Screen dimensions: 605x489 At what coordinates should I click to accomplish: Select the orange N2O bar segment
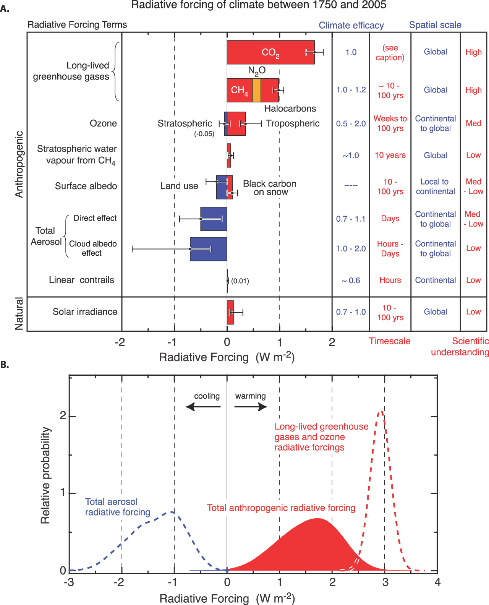pyautogui.click(x=256, y=90)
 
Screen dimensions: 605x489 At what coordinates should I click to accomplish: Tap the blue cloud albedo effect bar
pyautogui.click(x=208, y=249)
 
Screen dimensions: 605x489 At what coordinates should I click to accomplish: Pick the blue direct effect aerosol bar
pyautogui.click(x=214, y=219)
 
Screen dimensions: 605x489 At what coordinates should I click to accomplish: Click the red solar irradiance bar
pyautogui.click(x=230, y=312)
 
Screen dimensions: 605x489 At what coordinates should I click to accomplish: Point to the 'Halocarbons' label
pyautogui.click(x=290, y=109)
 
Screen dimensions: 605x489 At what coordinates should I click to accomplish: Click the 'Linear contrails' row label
pyautogui.click(x=81, y=280)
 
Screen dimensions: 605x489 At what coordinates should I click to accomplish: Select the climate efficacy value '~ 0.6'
pyautogui.click(x=351, y=281)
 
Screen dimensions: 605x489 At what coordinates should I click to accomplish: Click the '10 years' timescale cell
pyautogui.click(x=390, y=155)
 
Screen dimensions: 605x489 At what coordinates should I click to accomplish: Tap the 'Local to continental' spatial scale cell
pyautogui.click(x=435, y=187)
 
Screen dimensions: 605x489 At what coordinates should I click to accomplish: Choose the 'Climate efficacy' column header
pyautogui.click(x=351, y=25)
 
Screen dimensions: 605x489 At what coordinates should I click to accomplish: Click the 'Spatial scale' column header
pyautogui.click(x=435, y=25)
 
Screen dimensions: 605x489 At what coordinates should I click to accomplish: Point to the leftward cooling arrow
pyautogui.click(x=203, y=407)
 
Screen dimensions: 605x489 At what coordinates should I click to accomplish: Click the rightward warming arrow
pyautogui.click(x=251, y=407)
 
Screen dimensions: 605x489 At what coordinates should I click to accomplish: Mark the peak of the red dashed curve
pyautogui.click(x=381, y=412)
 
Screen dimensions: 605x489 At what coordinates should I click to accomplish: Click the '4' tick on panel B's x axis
pyautogui.click(x=437, y=582)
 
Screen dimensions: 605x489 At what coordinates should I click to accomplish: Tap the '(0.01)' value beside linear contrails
pyautogui.click(x=240, y=281)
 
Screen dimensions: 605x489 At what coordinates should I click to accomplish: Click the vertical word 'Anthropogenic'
pyautogui.click(x=19, y=164)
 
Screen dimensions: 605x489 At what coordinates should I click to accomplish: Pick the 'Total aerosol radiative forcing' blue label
pyautogui.click(x=117, y=507)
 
